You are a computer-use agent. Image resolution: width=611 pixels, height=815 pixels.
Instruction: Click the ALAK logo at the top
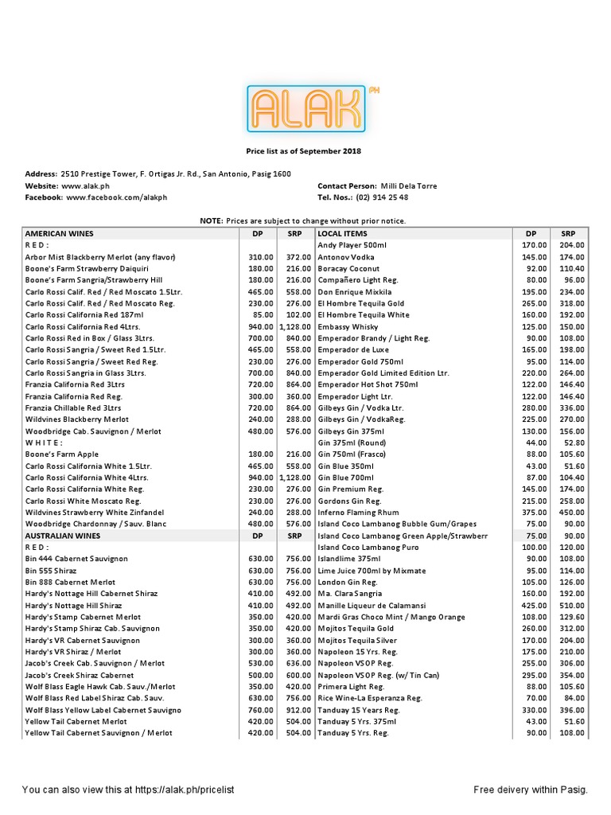(306, 108)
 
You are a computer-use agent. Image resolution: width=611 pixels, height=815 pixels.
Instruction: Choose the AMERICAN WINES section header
(60, 234)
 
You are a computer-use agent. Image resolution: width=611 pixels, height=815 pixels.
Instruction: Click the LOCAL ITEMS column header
(342, 234)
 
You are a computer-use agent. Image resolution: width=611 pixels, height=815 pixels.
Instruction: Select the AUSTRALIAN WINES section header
(64, 536)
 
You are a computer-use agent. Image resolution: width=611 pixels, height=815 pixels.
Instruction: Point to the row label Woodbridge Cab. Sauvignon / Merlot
(93, 431)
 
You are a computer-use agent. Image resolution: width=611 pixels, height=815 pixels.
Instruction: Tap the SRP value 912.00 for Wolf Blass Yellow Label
(298, 710)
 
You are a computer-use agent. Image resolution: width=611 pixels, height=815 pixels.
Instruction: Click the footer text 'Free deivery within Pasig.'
(530, 790)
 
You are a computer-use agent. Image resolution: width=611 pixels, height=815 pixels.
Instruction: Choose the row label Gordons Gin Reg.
(350, 501)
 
